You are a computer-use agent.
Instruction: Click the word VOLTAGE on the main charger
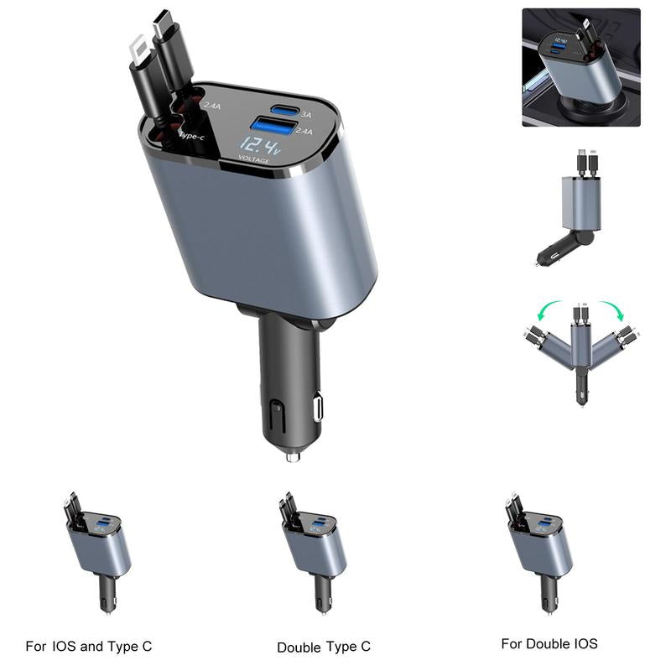coord(254,159)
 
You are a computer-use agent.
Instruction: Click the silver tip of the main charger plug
coord(293,456)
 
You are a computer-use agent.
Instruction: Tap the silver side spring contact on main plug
coord(318,408)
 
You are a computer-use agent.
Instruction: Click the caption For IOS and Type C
coord(89,647)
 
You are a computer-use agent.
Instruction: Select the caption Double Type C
coord(324,647)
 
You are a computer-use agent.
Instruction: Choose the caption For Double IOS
coord(549,644)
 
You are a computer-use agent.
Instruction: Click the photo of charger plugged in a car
coord(580,67)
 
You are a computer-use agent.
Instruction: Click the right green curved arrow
coord(616,313)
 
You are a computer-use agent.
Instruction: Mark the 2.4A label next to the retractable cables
coord(212,105)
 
